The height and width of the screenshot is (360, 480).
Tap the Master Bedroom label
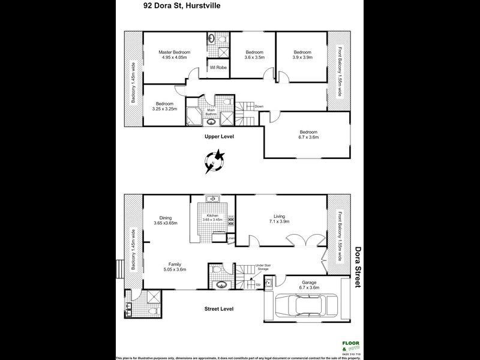174,53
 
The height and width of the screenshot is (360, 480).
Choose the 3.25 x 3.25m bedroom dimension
165,109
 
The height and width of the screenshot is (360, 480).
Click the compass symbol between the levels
214,160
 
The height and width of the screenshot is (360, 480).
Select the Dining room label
165,218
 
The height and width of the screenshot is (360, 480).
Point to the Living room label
280,216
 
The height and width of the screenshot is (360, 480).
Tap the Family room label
175,264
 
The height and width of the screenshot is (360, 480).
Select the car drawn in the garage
308,306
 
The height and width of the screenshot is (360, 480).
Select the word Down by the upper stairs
259,107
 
